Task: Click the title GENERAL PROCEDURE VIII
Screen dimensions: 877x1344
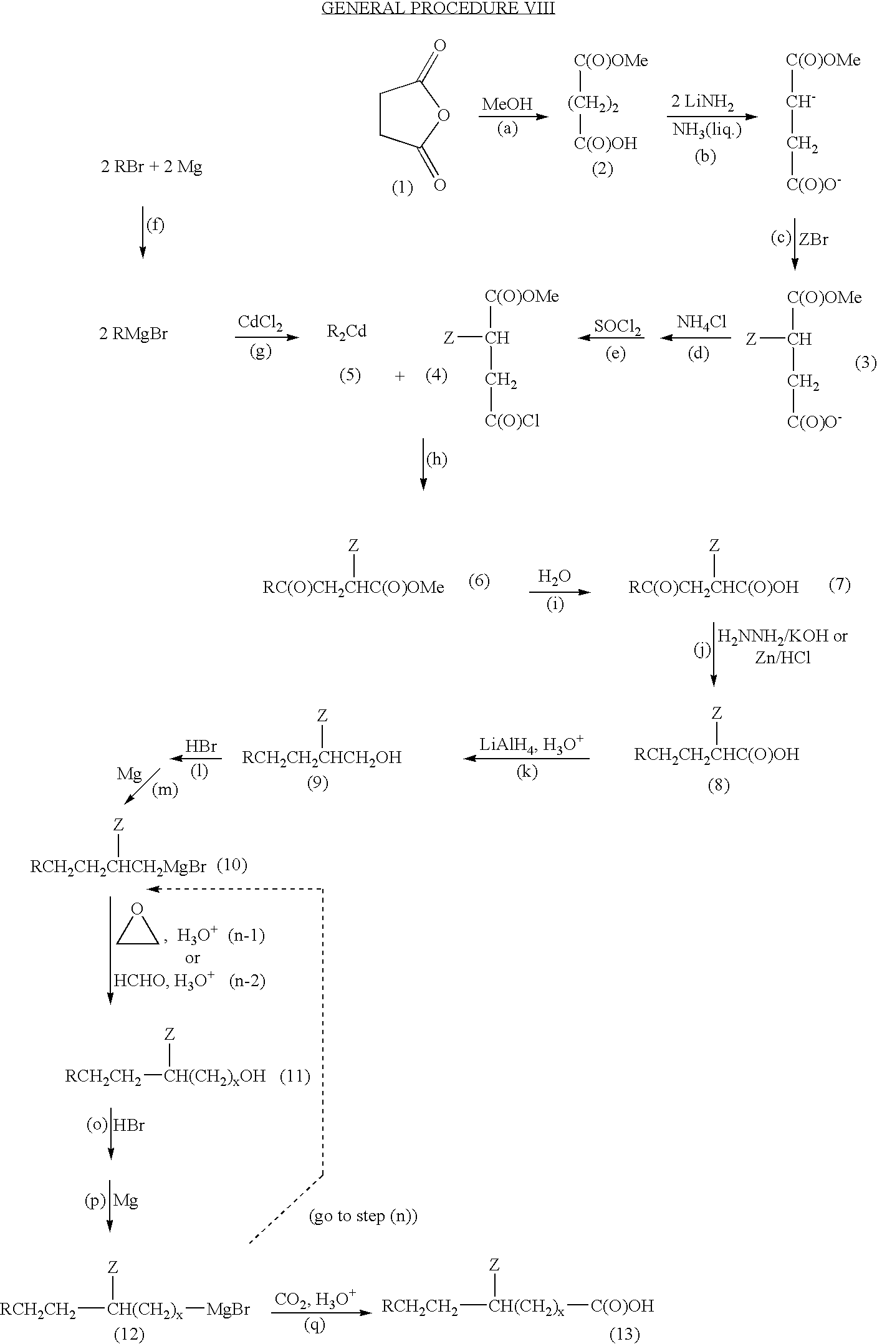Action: pyautogui.click(x=438, y=9)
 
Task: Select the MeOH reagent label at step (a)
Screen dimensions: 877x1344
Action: pyautogui.click(x=507, y=104)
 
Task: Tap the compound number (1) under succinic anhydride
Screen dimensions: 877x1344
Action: pyautogui.click(x=402, y=188)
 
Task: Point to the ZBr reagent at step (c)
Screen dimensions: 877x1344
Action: pyautogui.click(x=814, y=240)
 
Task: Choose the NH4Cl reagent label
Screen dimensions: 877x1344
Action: pyautogui.click(x=702, y=323)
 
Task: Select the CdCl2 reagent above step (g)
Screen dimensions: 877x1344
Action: pyautogui.click(x=261, y=323)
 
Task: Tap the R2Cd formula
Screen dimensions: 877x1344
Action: pyautogui.click(x=347, y=332)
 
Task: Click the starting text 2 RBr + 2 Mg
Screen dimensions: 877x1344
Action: pyautogui.click(x=151, y=168)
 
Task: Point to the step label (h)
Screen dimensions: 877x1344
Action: pyautogui.click(x=436, y=459)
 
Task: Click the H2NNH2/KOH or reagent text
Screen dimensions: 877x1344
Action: pyautogui.click(x=783, y=637)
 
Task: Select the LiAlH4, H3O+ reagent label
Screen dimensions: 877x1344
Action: pyautogui.click(x=532, y=744)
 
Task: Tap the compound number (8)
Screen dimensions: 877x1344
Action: pyautogui.click(x=718, y=785)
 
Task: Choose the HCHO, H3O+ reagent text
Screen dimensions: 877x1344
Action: pyautogui.click(x=165, y=980)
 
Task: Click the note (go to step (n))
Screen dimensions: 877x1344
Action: pyautogui.click(x=363, y=1216)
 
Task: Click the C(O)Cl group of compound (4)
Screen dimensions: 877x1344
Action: pyautogui.click(x=512, y=421)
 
